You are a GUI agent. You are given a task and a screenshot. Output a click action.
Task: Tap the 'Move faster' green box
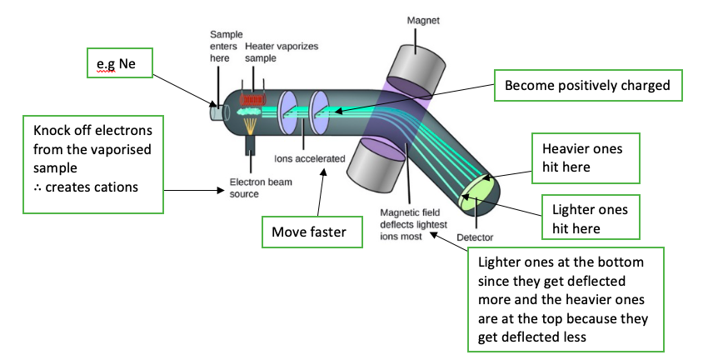313,232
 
